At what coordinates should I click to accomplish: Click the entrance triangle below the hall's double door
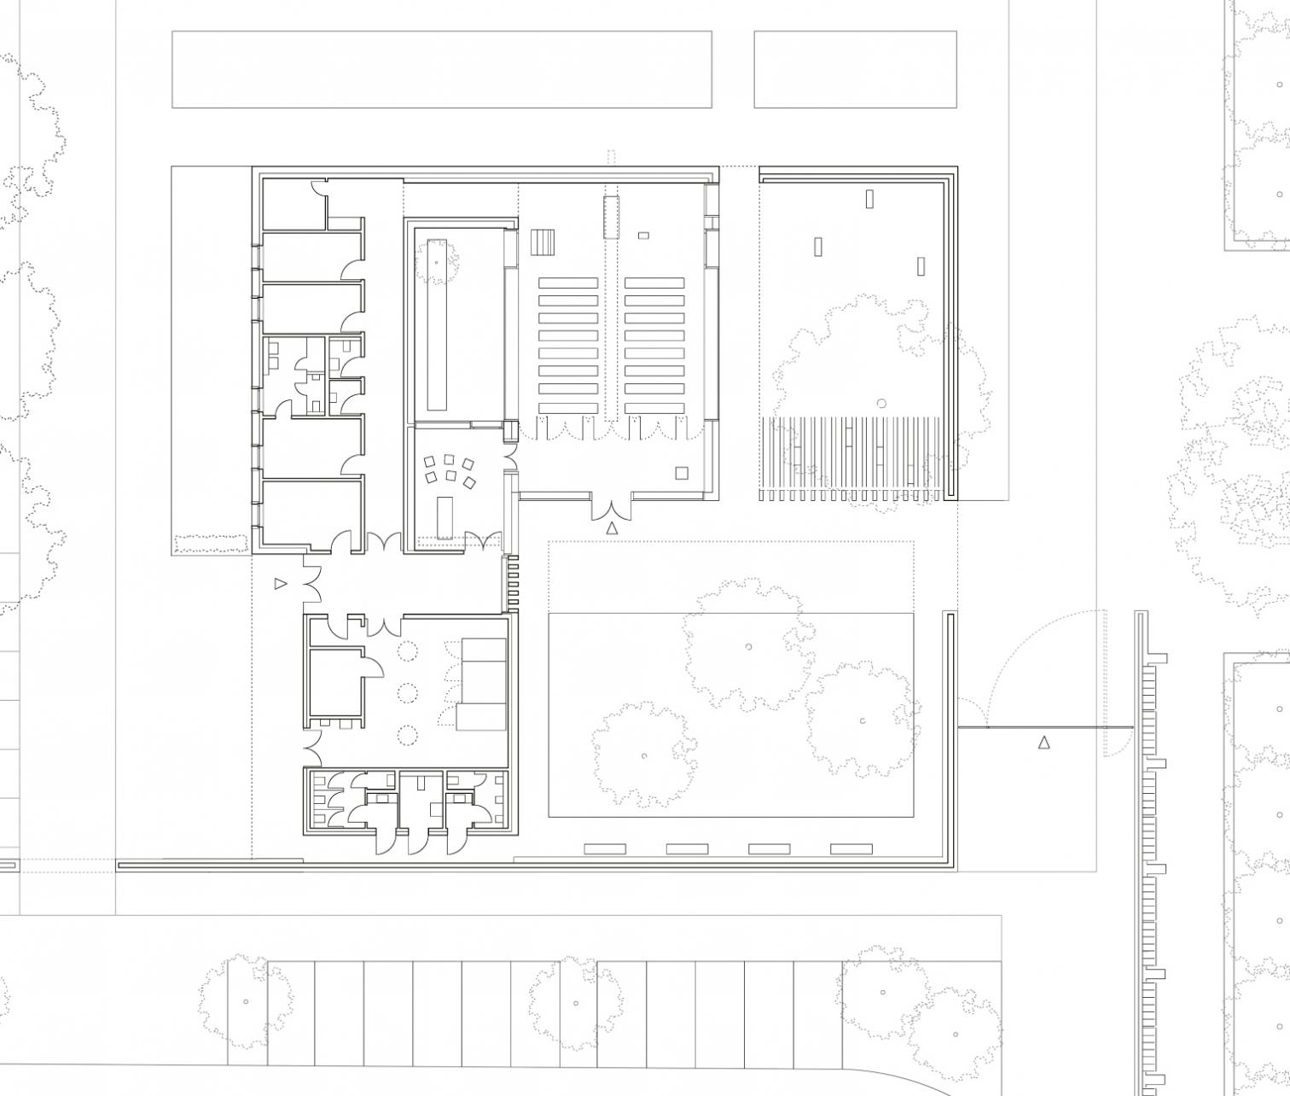pyautogui.click(x=611, y=528)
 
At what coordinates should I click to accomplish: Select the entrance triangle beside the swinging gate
pyautogui.click(x=1043, y=743)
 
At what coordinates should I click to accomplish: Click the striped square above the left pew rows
pyautogui.click(x=543, y=242)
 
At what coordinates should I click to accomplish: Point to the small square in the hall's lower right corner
pyautogui.click(x=681, y=473)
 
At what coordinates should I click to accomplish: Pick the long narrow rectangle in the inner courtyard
pyautogui.click(x=437, y=324)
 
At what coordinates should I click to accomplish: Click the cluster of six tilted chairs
pyautogui.click(x=450, y=471)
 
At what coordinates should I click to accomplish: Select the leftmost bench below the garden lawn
pyautogui.click(x=605, y=848)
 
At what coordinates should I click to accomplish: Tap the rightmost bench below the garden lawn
pyautogui.click(x=851, y=848)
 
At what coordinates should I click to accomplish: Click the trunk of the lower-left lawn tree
pyautogui.click(x=644, y=755)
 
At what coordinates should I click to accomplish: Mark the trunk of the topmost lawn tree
pyautogui.click(x=748, y=646)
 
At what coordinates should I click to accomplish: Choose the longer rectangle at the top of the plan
pyautogui.click(x=441, y=69)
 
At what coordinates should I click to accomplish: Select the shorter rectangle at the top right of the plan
pyautogui.click(x=855, y=69)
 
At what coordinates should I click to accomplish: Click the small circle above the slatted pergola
pyautogui.click(x=881, y=403)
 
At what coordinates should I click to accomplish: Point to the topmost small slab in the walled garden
pyautogui.click(x=869, y=199)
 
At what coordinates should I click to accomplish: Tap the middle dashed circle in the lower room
pyautogui.click(x=408, y=691)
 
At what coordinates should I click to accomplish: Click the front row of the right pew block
pyautogui.click(x=654, y=283)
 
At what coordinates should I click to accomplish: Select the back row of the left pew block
pyautogui.click(x=568, y=407)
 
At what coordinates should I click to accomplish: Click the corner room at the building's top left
pyautogui.click(x=293, y=205)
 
